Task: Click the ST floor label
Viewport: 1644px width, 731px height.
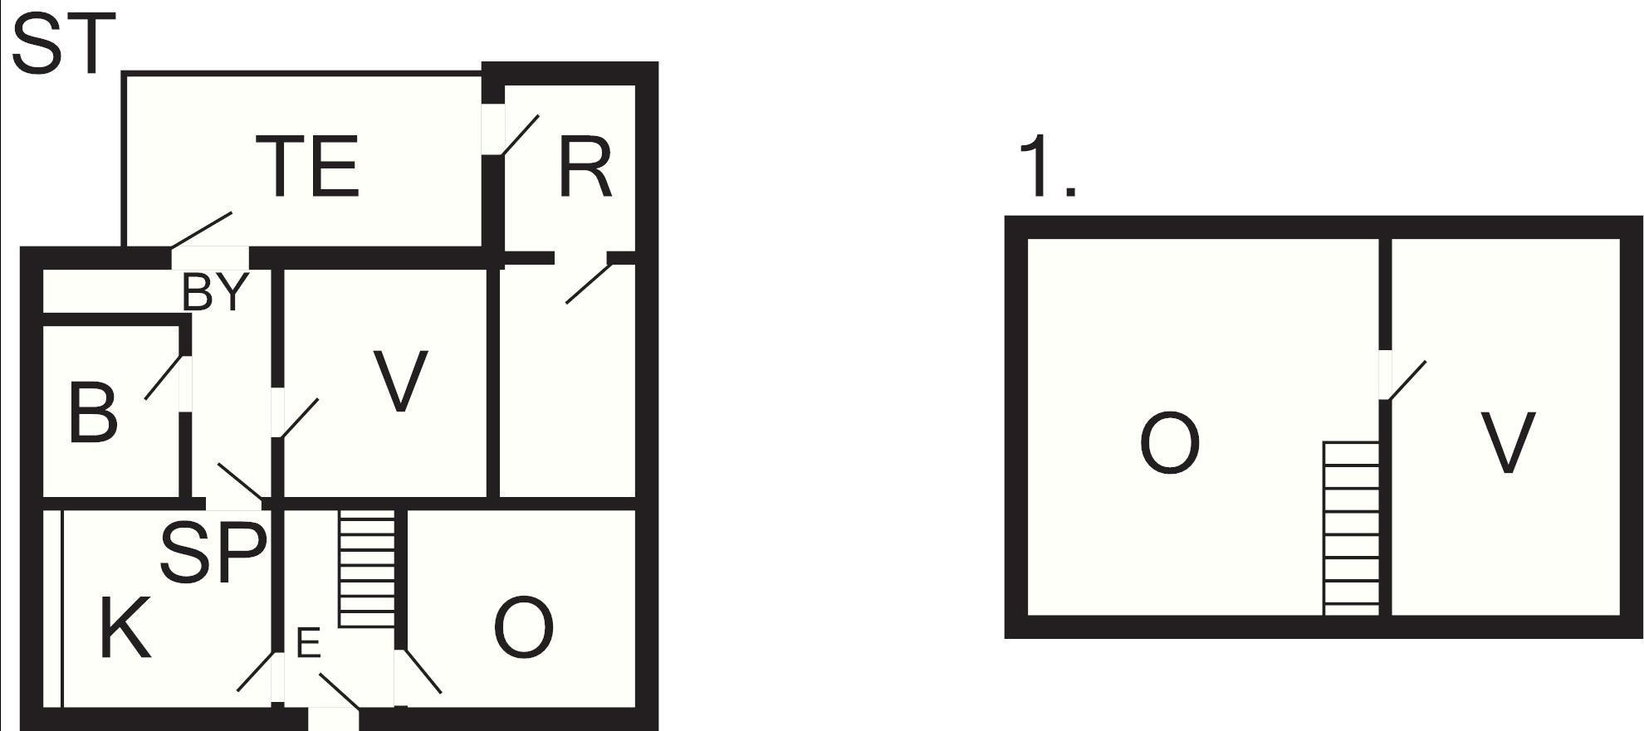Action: [63, 45]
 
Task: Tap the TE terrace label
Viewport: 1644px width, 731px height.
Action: [307, 166]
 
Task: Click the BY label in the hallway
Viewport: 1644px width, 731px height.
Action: [215, 292]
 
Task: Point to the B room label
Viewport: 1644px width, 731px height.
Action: [92, 412]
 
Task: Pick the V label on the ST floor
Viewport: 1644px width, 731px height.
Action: [400, 381]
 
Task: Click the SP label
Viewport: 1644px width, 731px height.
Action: [213, 552]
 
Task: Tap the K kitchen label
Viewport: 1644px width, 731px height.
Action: [125, 627]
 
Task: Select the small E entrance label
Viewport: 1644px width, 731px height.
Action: [308, 643]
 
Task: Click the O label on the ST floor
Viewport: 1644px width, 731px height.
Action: [523, 627]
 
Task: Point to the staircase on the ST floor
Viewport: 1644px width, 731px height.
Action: [367, 568]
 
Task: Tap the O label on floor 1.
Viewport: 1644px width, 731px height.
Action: [1170, 443]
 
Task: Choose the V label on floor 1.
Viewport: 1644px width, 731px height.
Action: [1507, 443]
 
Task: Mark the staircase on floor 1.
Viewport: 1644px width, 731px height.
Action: [1351, 529]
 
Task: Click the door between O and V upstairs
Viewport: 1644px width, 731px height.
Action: [1402, 380]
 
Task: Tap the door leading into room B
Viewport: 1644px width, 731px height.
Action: [164, 378]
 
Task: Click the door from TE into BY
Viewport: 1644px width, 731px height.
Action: [202, 230]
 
